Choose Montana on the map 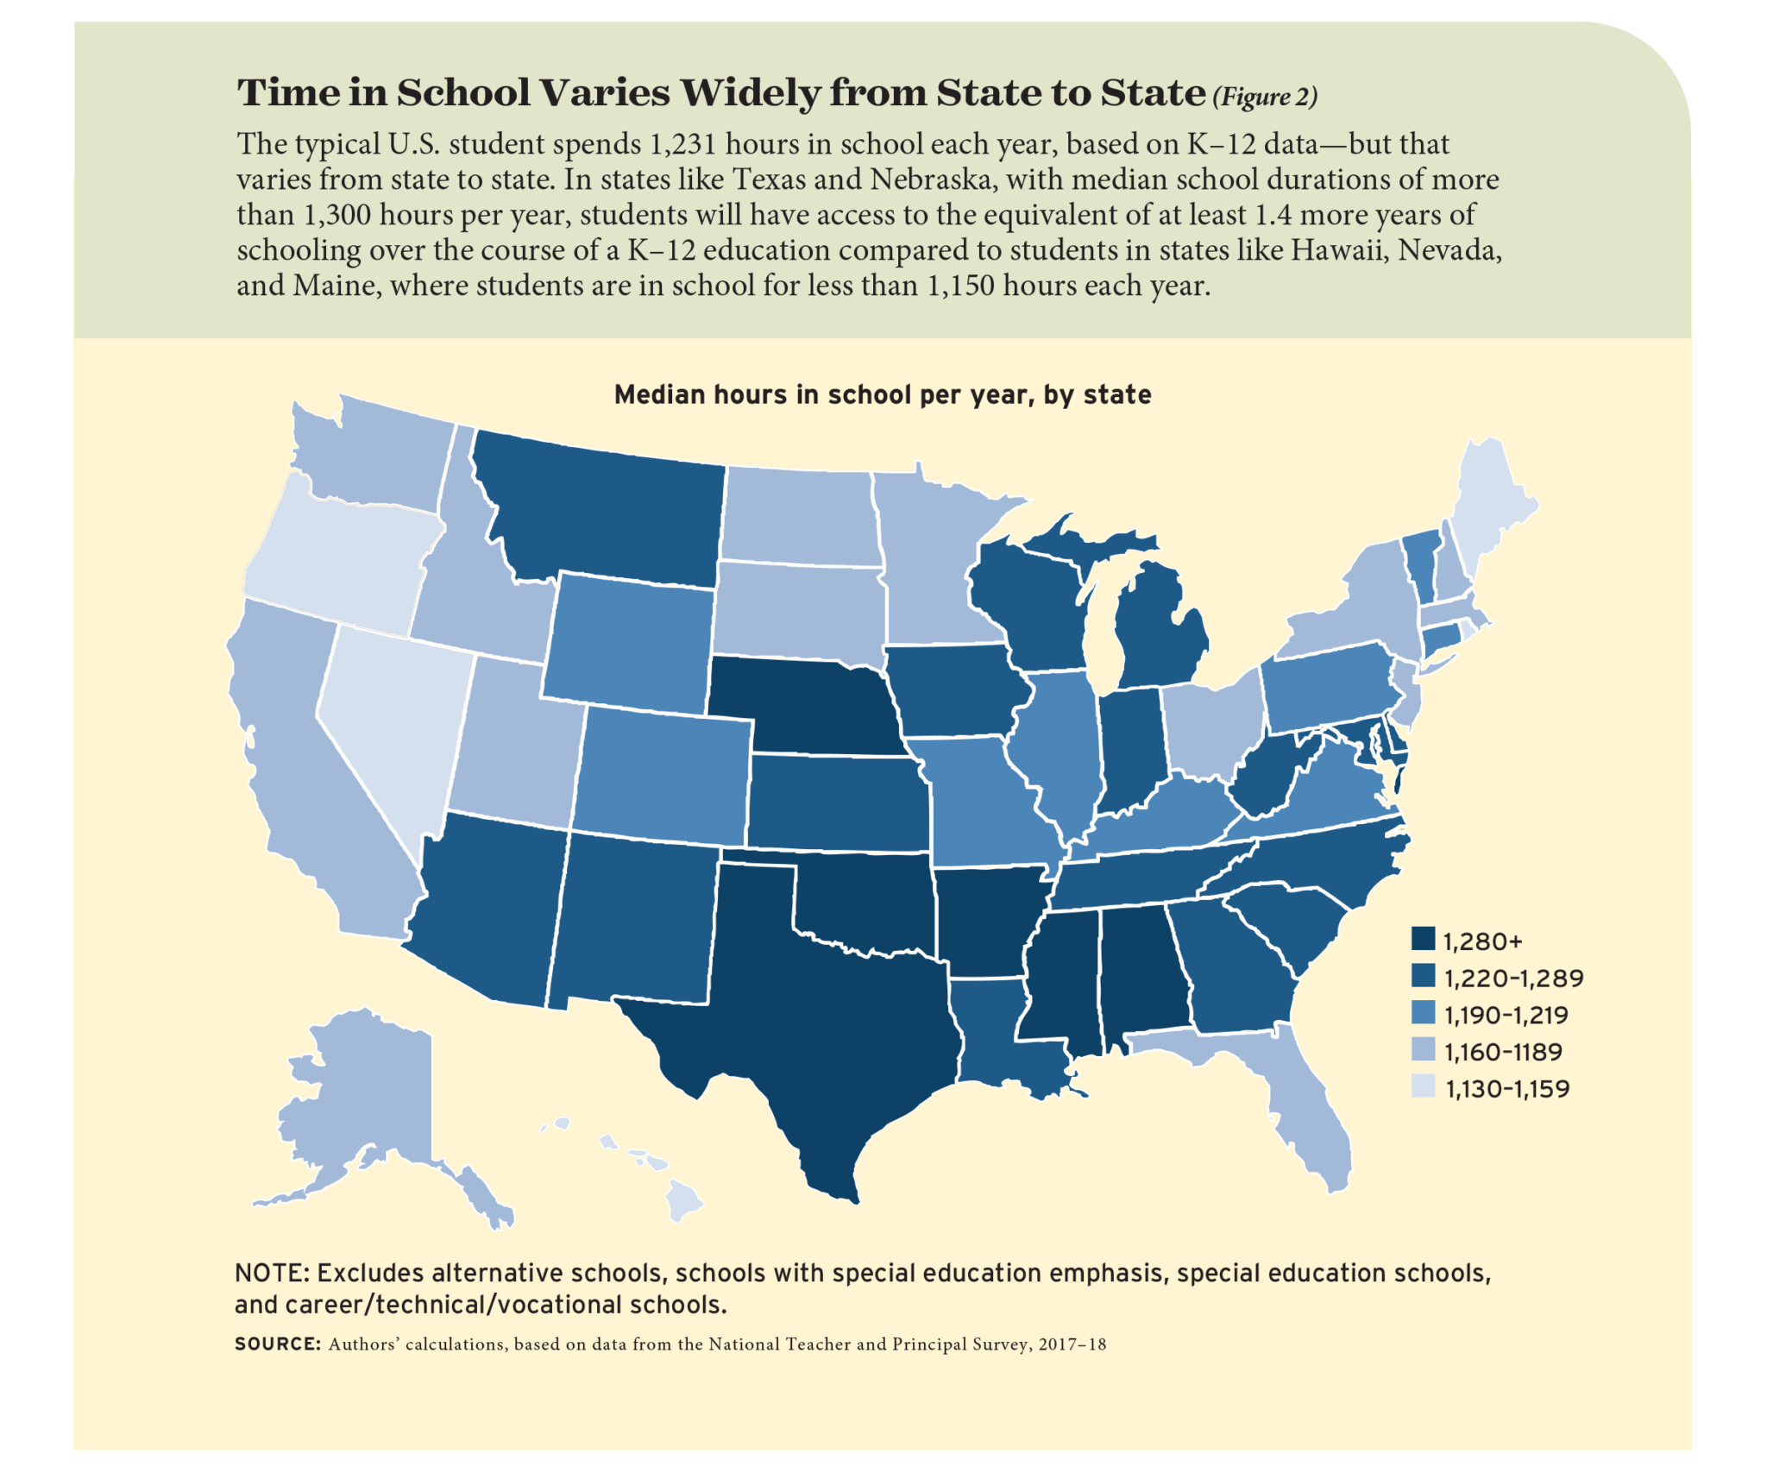[604, 509]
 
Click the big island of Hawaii [682, 1200]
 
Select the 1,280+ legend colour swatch [1423, 939]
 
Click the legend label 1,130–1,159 [1506, 1088]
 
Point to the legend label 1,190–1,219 [1506, 1015]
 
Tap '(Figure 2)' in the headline [1265, 97]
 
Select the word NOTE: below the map [272, 1273]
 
